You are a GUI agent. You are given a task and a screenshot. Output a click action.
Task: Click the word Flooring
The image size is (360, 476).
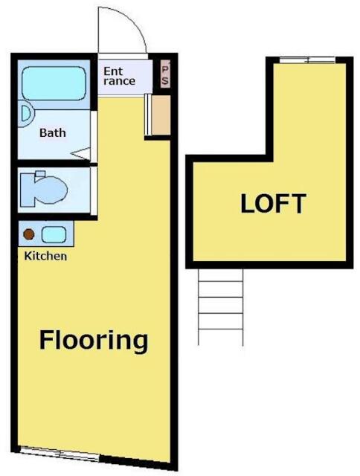pyautogui.click(x=94, y=341)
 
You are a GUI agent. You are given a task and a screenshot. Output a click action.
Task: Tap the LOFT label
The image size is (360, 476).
pyautogui.click(x=273, y=203)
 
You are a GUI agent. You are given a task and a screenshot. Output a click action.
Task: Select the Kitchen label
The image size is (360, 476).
pyautogui.click(x=45, y=256)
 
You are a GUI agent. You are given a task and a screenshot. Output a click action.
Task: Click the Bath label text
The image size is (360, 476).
pyautogui.click(x=53, y=132)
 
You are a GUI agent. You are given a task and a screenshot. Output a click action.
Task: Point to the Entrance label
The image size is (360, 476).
pyautogui.click(x=119, y=76)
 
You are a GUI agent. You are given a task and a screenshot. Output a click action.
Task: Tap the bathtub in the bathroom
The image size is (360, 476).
pyautogui.click(x=54, y=83)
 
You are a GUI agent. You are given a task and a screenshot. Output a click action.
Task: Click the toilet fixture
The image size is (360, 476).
pyautogui.click(x=43, y=190)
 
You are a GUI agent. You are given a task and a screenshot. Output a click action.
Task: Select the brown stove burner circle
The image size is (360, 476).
pyautogui.click(x=29, y=234)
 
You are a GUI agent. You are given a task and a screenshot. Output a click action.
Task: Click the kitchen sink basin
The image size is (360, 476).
pyautogui.click(x=54, y=235)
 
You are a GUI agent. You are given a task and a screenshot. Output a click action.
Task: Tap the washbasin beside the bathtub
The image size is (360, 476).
pyautogui.click(x=25, y=115)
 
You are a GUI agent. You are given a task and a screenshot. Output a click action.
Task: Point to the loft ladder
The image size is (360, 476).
pyautogui.click(x=221, y=306)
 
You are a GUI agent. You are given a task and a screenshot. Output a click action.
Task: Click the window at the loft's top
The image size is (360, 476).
pyautogui.click(x=307, y=60)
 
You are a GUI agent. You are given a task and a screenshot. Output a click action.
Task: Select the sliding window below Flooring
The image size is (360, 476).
pyautogui.click(x=60, y=453)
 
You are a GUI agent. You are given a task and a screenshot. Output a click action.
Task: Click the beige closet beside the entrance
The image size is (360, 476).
pyautogui.click(x=161, y=115)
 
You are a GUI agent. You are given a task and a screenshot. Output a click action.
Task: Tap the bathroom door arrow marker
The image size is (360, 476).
pyautogui.click(x=81, y=153)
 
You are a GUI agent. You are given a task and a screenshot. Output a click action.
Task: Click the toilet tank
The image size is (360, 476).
pyautogui.click(x=40, y=174)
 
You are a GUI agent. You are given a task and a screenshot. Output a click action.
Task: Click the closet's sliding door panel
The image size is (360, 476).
pyautogui.click(x=147, y=115)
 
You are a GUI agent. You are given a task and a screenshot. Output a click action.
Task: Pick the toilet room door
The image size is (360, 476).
pyautogui.click(x=94, y=190)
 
